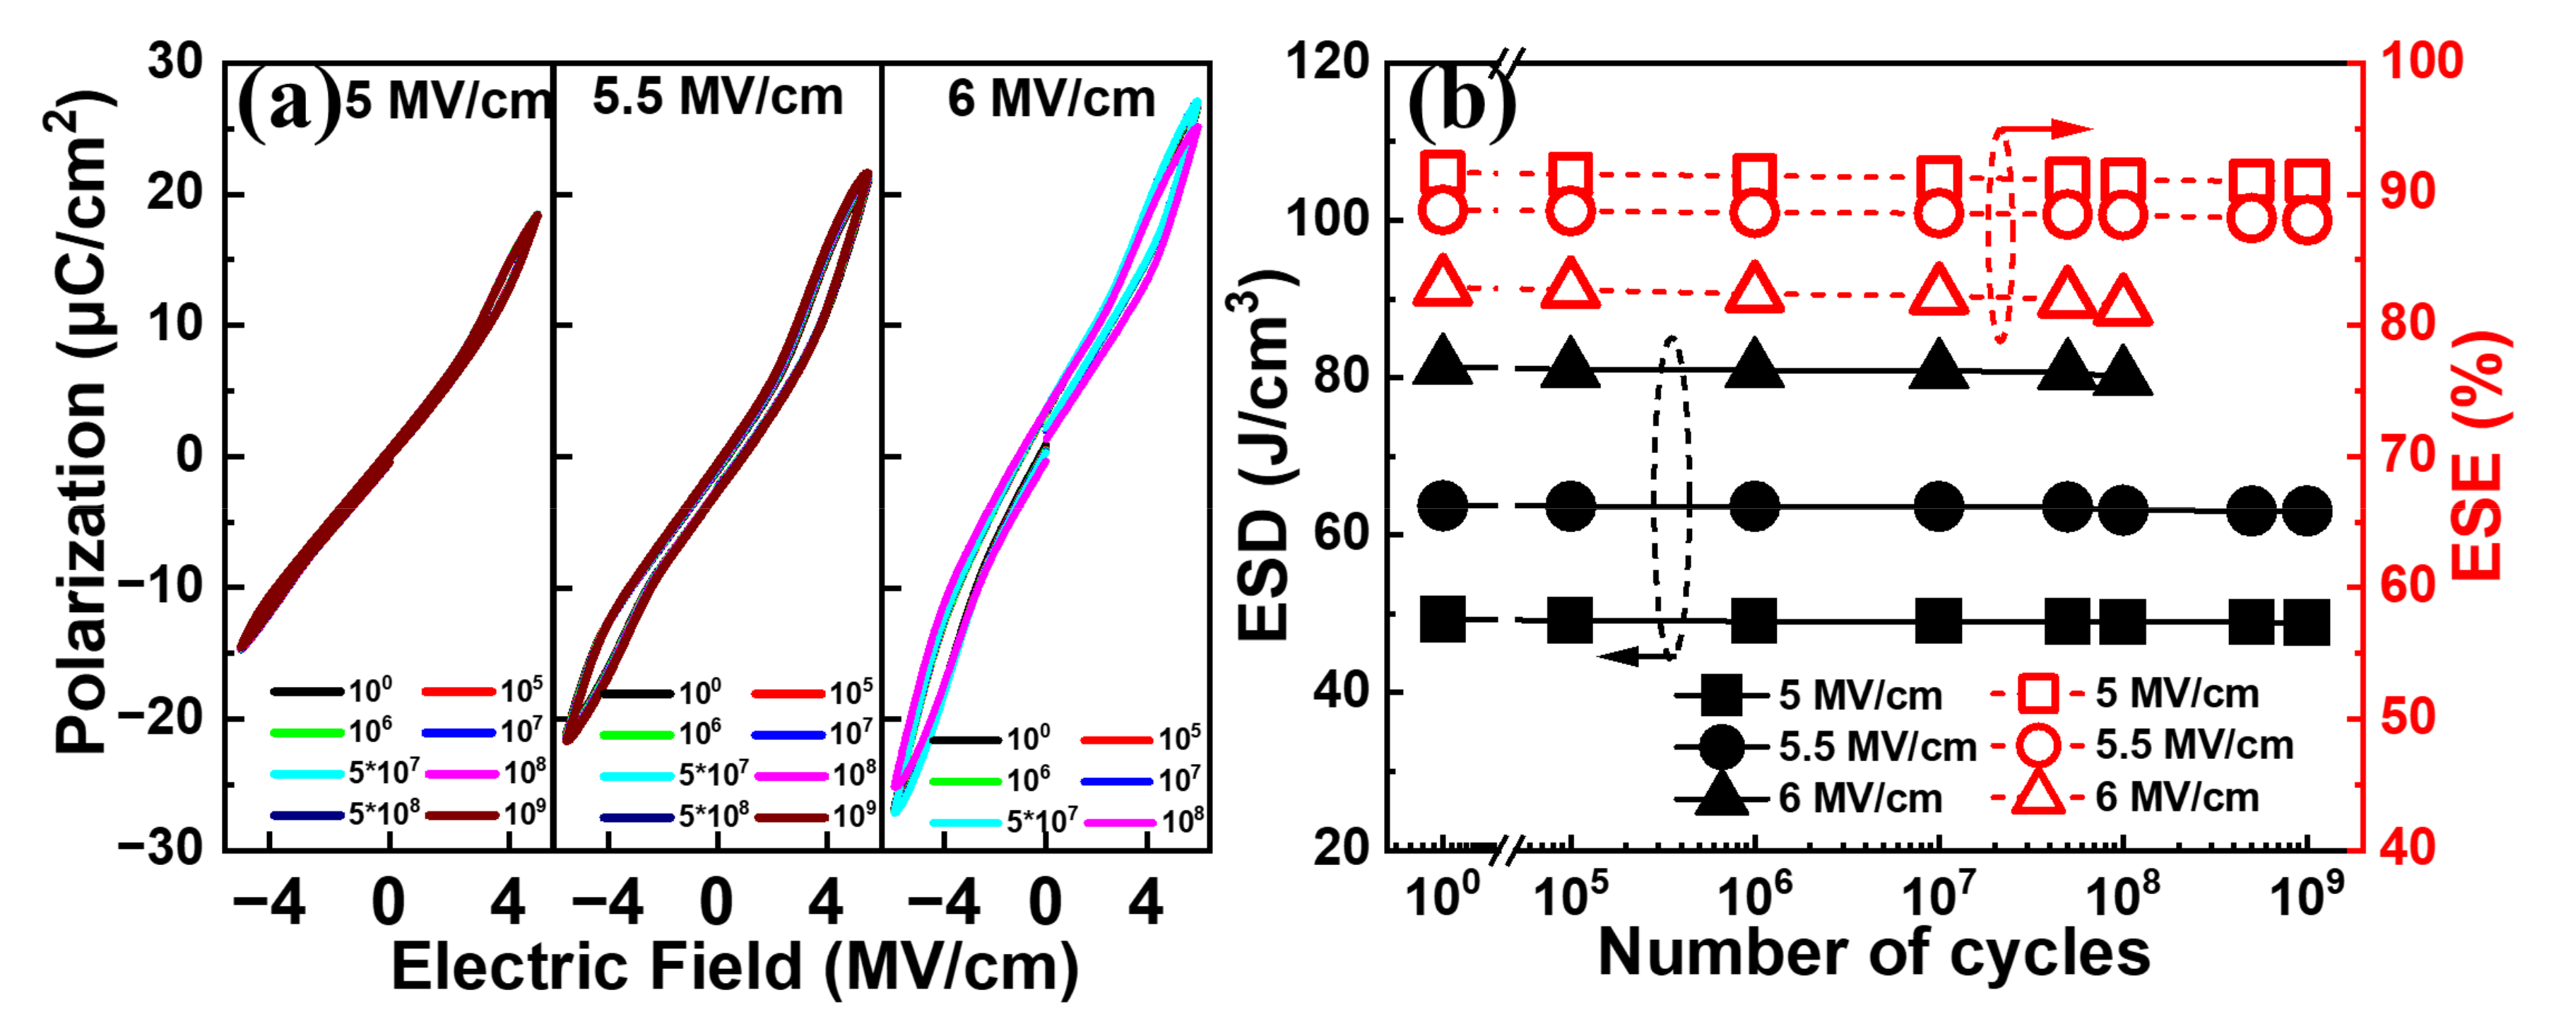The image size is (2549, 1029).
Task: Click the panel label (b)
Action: [1460, 105]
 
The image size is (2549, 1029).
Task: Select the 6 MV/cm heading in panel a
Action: [1051, 99]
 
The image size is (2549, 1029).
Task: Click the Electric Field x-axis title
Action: [734, 965]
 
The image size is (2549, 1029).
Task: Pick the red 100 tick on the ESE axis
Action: [2420, 62]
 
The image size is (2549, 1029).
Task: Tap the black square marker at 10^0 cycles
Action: [1442, 619]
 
